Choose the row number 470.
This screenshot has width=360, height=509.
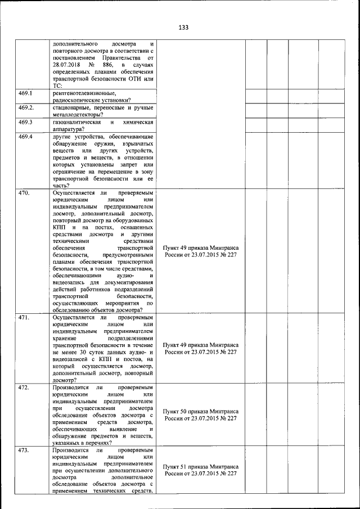pos(24,192)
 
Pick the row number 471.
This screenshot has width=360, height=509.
pos(24,318)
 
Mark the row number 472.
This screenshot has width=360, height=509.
pos(24,388)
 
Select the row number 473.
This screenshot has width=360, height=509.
pos(24,451)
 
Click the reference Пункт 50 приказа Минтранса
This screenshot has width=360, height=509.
pos(201,412)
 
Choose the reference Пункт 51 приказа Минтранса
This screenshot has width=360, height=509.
pos(201,467)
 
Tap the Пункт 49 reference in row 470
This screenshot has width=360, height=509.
pos(201,247)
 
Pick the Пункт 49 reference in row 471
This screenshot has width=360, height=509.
pos(201,345)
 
